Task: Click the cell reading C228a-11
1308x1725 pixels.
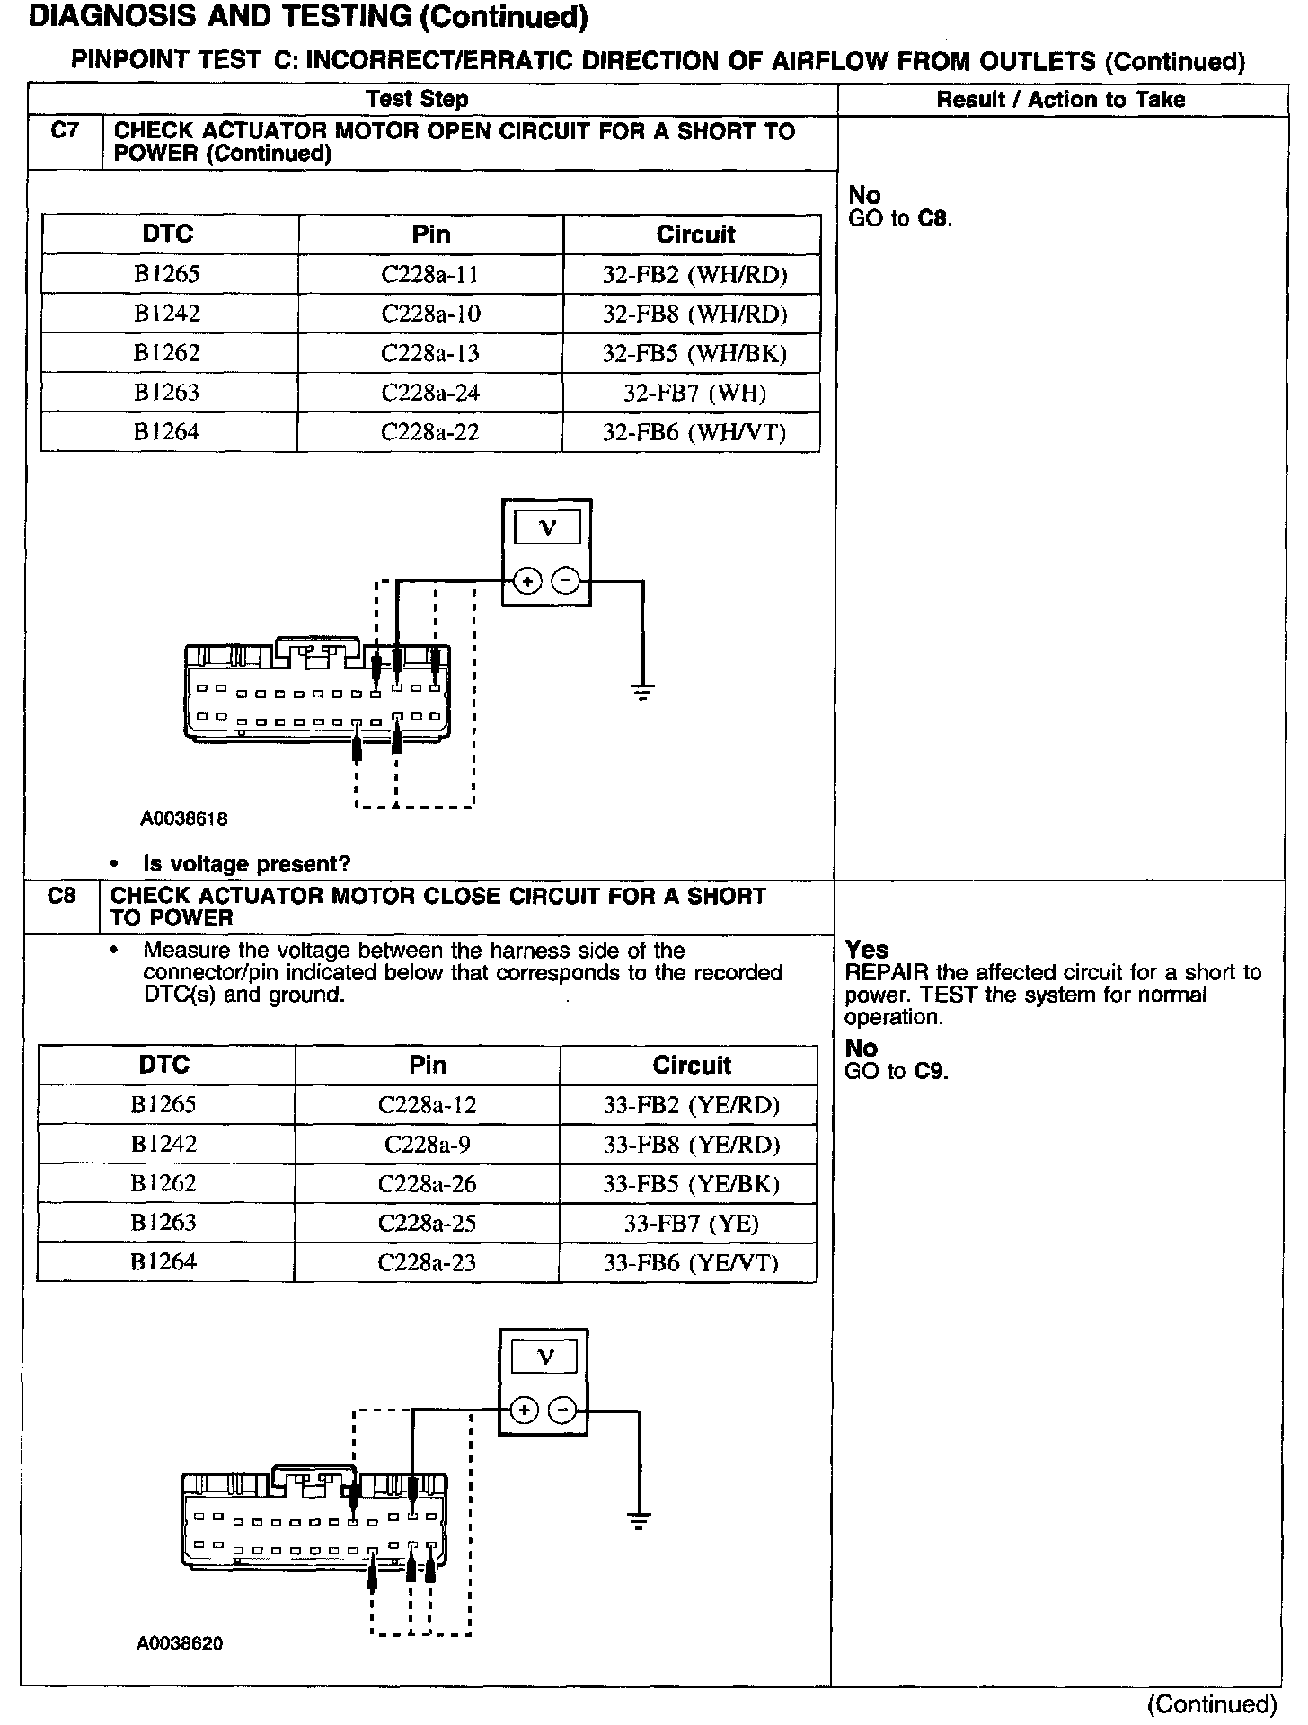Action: coord(430,274)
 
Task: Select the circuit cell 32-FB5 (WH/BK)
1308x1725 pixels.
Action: coord(694,353)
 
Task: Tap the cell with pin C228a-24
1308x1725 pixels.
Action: coord(430,393)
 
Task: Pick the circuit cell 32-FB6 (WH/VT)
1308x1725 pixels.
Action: coord(694,432)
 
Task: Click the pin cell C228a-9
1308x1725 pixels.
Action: coord(427,1145)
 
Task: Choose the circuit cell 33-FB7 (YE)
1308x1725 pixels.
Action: coord(691,1224)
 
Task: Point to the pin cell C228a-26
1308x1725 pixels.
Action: coord(427,1184)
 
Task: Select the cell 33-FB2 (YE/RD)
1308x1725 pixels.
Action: coord(691,1105)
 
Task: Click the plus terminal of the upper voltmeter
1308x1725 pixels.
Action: coord(527,581)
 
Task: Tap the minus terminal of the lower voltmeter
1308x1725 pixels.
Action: coord(562,1411)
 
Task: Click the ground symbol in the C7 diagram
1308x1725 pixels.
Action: coord(642,692)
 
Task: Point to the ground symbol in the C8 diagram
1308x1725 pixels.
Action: coord(639,1521)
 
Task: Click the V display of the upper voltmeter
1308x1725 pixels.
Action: coord(547,529)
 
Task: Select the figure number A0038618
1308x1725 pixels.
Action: coord(184,818)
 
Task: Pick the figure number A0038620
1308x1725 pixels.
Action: coord(180,1643)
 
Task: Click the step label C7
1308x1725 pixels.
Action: coord(65,131)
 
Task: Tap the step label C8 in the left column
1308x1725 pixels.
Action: coord(61,896)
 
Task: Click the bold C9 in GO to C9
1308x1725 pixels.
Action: coord(931,1071)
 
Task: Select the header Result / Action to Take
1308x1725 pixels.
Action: coord(1060,100)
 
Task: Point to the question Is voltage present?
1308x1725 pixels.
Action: coord(246,863)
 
